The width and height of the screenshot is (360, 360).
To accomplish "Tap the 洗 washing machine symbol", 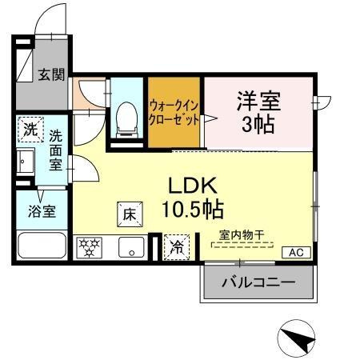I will (30, 128).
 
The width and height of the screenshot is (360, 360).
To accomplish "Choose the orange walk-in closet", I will (173, 112).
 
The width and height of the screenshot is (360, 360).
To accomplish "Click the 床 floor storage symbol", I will (129, 214).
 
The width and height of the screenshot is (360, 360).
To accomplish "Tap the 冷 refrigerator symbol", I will (176, 247).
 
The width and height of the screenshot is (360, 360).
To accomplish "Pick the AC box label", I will (295, 253).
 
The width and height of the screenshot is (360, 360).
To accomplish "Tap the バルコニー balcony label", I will (258, 282).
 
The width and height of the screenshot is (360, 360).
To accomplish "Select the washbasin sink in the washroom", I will (26, 162).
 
